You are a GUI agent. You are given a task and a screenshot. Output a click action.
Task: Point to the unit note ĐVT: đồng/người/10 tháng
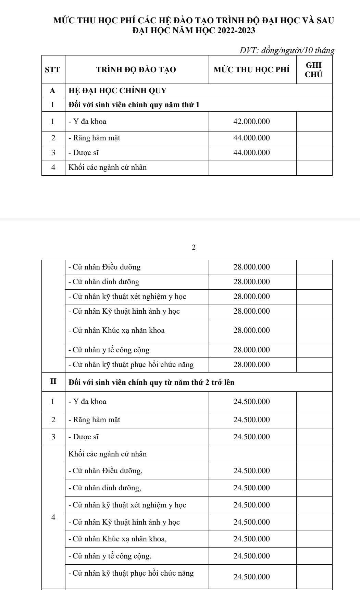pos(286,51)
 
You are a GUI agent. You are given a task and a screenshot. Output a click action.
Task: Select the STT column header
pos(53,70)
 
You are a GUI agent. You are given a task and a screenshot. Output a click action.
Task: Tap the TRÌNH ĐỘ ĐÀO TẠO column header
pos(136,70)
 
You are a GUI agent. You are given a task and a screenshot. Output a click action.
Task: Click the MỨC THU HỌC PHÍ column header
pos(252,70)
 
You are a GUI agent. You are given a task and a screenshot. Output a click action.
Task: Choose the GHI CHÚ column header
pos(314,70)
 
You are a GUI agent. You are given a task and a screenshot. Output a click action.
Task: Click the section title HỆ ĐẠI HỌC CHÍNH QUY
pos(117,91)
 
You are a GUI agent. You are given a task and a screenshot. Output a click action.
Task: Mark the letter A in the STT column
pos(53,91)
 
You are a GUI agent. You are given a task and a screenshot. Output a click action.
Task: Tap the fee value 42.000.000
pos(252,122)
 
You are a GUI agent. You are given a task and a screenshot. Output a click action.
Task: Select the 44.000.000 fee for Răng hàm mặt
pos(252,138)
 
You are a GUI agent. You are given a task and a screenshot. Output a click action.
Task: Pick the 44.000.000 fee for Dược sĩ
pos(252,153)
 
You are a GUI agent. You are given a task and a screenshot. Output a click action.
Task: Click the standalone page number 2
pos(194,247)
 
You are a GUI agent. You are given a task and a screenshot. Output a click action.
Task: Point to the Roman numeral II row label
pos(53,382)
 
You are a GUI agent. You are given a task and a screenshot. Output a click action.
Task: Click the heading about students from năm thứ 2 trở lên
pos(151,382)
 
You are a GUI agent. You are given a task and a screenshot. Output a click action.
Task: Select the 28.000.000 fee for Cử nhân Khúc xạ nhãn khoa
pos(252,330)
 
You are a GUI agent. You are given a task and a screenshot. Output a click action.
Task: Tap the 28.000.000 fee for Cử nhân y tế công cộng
pos(252,350)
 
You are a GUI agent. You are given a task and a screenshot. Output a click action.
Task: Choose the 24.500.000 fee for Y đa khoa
pos(252,402)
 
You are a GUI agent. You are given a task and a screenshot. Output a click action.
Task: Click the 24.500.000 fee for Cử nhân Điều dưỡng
pos(252,471)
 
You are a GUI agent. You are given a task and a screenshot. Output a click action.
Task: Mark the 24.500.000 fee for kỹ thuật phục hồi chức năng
pos(252,577)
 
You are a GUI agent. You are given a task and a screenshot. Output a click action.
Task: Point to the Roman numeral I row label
pos(53,104)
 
